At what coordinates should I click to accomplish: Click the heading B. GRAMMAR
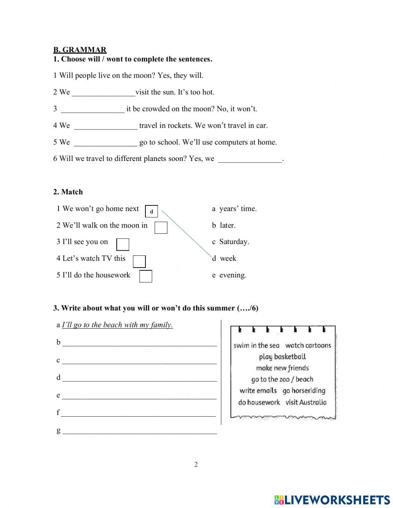pyautogui.click(x=80, y=50)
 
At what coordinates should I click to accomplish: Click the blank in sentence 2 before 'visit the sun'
pyautogui.click(x=104, y=92)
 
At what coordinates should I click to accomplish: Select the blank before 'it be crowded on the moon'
pyautogui.click(x=93, y=109)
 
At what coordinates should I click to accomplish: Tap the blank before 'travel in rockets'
pyautogui.click(x=105, y=126)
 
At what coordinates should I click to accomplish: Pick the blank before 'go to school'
pyautogui.click(x=105, y=142)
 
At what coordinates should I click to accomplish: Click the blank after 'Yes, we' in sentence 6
pyautogui.click(x=250, y=159)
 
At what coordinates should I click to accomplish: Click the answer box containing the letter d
pyautogui.click(x=152, y=211)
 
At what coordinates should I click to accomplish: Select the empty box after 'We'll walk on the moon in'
pyautogui.click(x=161, y=228)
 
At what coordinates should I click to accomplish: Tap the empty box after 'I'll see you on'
pyautogui.click(x=123, y=244)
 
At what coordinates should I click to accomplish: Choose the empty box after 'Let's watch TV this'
pyautogui.click(x=139, y=261)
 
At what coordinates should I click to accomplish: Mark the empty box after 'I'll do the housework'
pyautogui.click(x=146, y=276)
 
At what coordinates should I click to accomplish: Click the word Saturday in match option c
pyautogui.click(x=234, y=242)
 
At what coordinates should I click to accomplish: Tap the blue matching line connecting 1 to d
pyautogui.click(x=187, y=234)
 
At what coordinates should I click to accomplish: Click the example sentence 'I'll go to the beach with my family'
pyautogui.click(x=118, y=325)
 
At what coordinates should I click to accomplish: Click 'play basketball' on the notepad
pyautogui.click(x=282, y=357)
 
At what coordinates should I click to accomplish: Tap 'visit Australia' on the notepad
pyautogui.click(x=306, y=402)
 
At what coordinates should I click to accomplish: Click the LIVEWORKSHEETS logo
pyautogui.click(x=332, y=500)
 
